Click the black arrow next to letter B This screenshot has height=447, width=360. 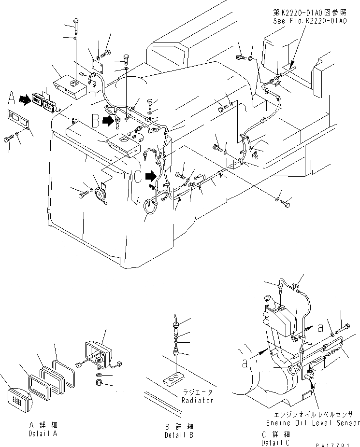point(109,121)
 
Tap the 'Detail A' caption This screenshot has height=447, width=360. point(42,433)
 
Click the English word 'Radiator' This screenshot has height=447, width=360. point(197,400)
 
